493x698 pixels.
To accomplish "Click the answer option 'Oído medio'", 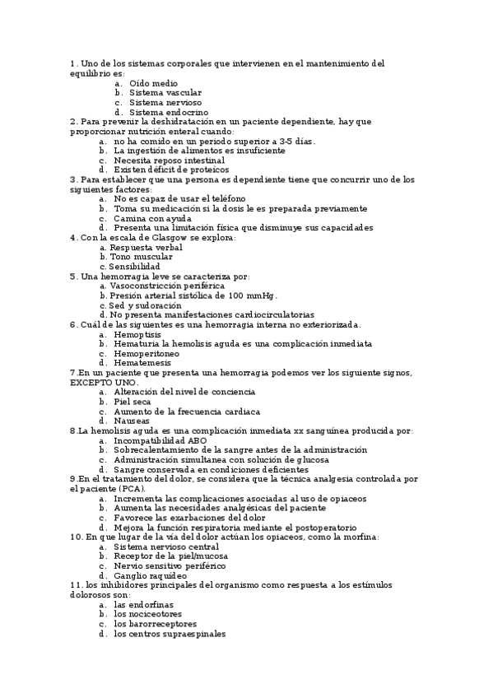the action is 153,83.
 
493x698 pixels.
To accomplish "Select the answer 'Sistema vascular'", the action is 165,93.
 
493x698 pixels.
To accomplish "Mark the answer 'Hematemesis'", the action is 142,363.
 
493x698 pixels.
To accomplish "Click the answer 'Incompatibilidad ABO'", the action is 160,440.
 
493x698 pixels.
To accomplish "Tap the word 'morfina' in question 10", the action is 359,537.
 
